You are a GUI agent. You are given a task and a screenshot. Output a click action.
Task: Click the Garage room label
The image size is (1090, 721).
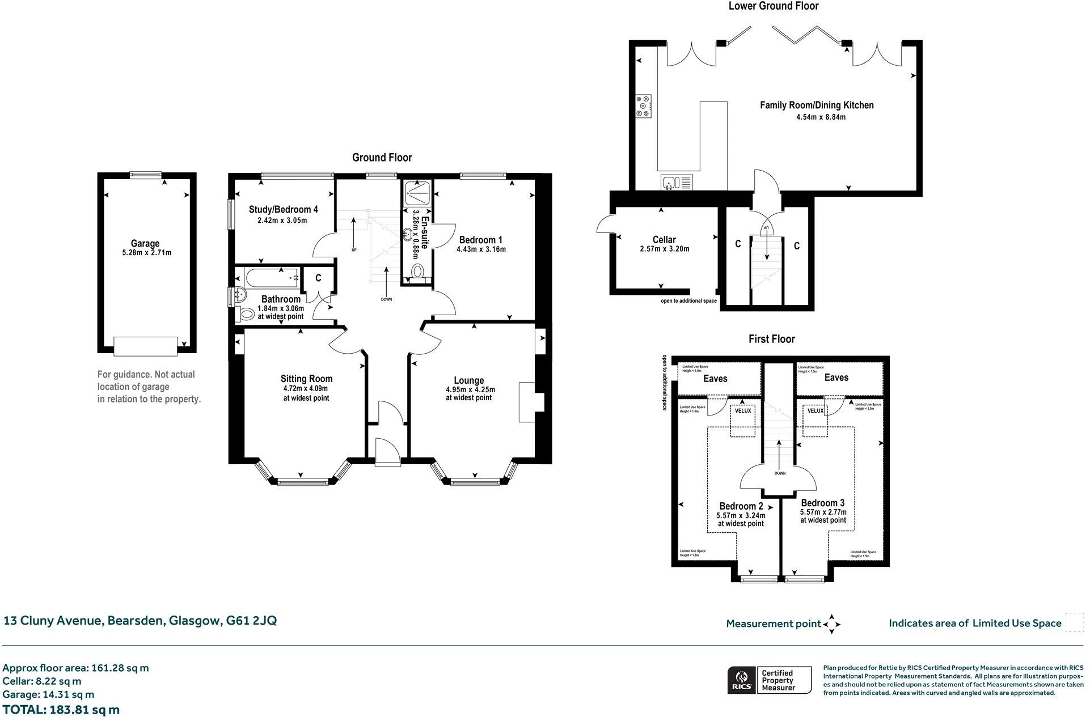click(145, 244)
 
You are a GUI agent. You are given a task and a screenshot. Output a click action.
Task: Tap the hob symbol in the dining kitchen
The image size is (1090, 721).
click(644, 106)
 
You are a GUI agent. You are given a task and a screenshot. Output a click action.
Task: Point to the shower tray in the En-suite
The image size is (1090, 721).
click(417, 193)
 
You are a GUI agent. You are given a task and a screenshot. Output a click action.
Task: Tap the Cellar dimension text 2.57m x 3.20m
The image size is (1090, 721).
click(664, 249)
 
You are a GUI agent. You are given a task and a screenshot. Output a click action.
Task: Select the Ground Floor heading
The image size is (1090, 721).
click(382, 158)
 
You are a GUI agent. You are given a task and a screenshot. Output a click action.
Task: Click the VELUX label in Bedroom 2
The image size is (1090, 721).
click(743, 411)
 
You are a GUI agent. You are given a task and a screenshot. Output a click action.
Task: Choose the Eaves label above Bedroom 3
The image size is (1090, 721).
click(836, 378)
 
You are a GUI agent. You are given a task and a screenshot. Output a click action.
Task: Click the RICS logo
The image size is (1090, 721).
click(741, 680)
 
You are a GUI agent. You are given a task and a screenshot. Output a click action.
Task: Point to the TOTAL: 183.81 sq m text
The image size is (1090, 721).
click(61, 710)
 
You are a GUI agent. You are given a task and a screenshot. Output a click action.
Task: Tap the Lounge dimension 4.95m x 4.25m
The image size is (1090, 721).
click(470, 389)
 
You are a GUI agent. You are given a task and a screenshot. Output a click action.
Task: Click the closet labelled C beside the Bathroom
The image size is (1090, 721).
click(318, 278)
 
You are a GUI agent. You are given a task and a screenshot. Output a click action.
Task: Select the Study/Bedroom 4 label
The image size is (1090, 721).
click(284, 210)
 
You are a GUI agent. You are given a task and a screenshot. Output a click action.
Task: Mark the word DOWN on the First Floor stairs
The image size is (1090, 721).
click(780, 473)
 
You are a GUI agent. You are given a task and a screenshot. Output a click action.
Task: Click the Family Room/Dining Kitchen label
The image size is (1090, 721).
click(817, 105)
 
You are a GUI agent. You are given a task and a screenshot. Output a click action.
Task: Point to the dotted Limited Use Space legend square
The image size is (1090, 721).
click(1074, 622)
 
